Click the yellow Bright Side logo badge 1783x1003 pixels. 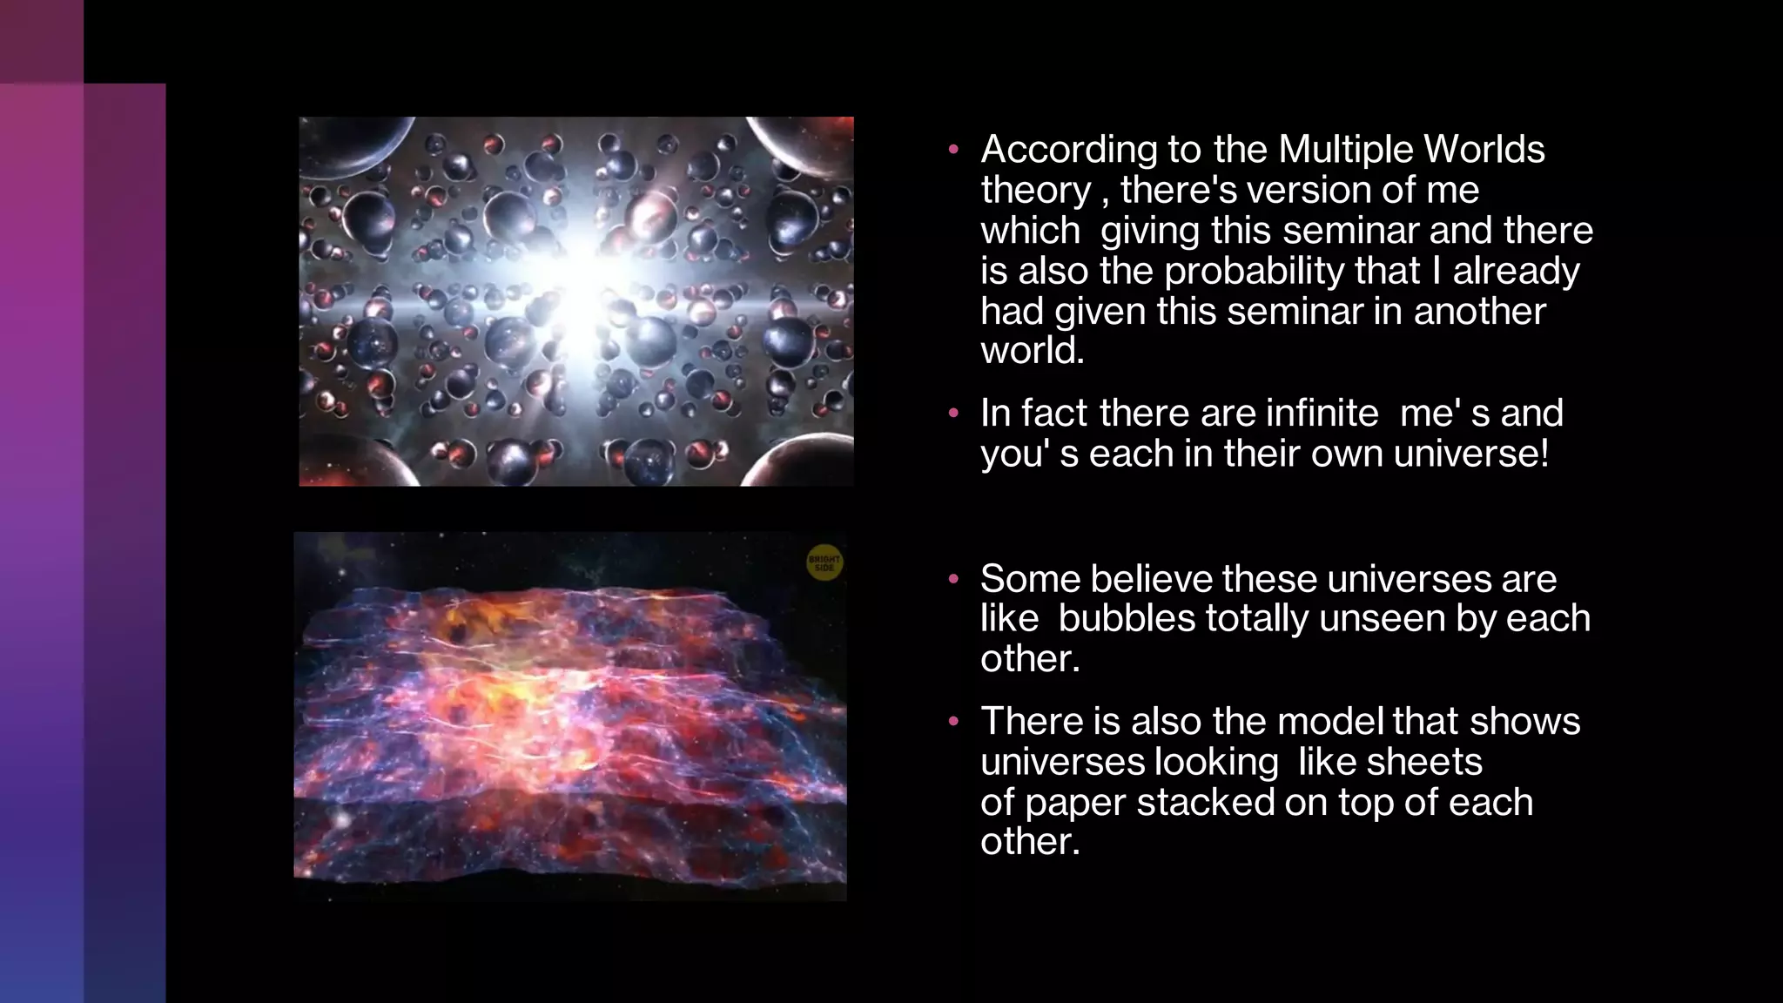[824, 562]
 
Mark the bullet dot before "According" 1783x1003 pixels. [953, 151]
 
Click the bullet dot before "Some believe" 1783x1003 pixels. [953, 579]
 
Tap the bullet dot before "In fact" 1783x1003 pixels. [953, 414]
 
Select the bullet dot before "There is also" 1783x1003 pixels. [953, 722]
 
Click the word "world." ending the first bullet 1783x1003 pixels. [1032, 352]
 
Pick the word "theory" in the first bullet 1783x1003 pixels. [1035, 191]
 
